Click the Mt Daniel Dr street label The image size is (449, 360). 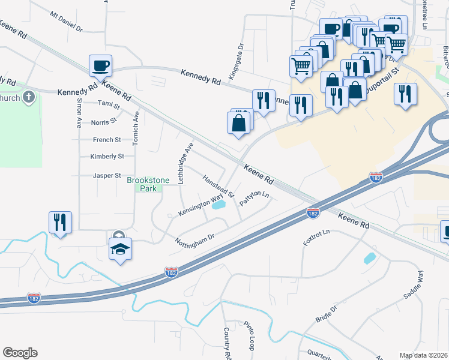click(x=67, y=21)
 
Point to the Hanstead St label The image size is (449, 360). click(x=218, y=187)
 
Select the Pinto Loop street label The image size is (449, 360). click(x=249, y=336)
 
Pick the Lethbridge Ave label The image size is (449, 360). click(x=182, y=163)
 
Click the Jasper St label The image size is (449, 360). click(x=107, y=176)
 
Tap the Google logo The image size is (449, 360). click(x=20, y=353)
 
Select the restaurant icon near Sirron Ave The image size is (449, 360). click(x=61, y=221)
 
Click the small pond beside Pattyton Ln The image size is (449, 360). click(x=219, y=205)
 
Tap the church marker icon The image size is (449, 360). click(x=28, y=98)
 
